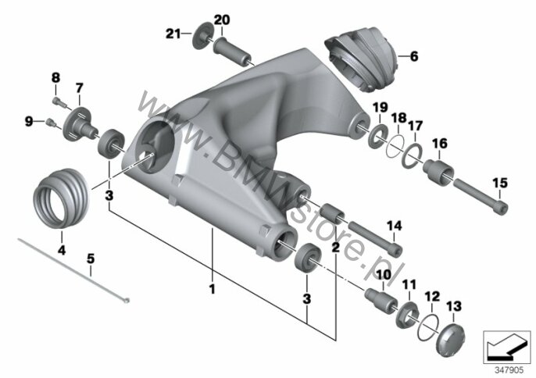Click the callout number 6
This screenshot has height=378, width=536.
pos(413,56)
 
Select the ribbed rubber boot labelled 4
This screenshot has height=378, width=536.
pos(62,198)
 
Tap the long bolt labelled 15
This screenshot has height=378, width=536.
pos(481,194)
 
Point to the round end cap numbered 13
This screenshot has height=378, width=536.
pos(450,341)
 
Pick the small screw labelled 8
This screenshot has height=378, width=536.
pos(58,101)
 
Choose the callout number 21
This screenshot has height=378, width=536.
pos(174,34)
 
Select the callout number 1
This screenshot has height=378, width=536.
pos(213,289)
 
